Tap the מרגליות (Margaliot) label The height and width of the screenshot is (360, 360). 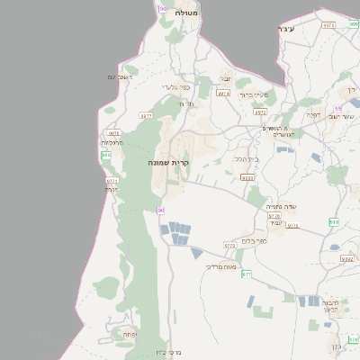coord(112,142)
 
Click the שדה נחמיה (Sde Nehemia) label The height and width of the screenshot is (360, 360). coord(282,206)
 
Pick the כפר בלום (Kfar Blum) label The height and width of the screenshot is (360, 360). coord(256,240)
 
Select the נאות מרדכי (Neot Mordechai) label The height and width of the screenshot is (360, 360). coord(220,266)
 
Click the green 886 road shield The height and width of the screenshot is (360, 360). coord(106,155)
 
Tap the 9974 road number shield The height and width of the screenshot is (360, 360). coord(222,93)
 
